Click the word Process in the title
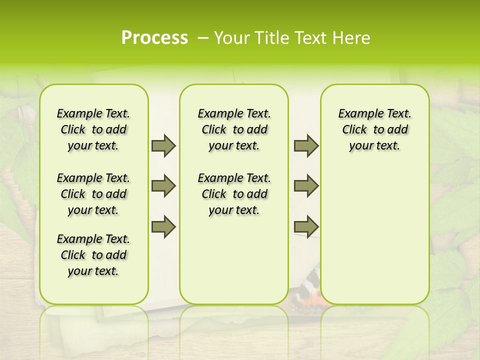[x=154, y=37]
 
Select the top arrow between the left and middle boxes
[x=163, y=145]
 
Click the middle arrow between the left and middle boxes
[x=163, y=186]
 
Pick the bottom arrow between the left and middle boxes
[x=163, y=226]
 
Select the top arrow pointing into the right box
[x=306, y=145]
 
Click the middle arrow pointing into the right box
[x=306, y=186]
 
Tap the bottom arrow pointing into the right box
[x=306, y=226]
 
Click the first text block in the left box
[x=93, y=129]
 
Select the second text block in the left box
[x=93, y=194]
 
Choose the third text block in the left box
[x=93, y=255]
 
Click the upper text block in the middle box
[x=234, y=129]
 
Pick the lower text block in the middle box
[x=234, y=194]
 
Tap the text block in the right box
[x=374, y=129]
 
